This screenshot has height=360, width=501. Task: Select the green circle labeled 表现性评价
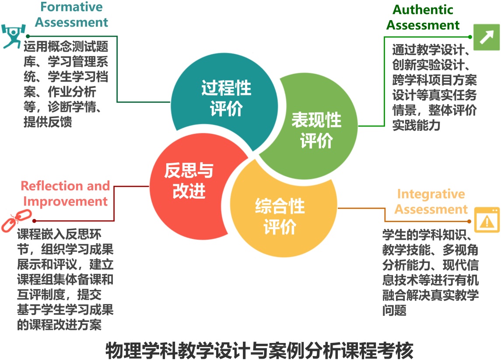316,129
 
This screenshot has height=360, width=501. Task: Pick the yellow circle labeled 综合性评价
280,217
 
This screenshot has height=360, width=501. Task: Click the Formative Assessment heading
72,14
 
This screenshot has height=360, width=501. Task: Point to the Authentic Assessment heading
423,17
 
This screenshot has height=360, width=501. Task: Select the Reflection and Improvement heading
65,194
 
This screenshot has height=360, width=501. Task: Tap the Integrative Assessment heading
431,202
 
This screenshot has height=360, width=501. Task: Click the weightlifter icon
11,36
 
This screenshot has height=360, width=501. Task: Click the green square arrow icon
486,37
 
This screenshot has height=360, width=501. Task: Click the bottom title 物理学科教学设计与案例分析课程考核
259,350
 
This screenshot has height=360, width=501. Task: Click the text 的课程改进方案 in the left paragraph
59,325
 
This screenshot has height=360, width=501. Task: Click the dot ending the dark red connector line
34,221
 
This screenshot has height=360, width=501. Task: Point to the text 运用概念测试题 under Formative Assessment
66,46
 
